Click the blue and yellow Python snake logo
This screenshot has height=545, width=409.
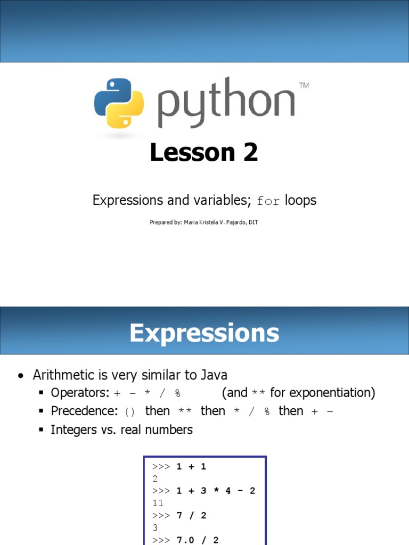click(119, 103)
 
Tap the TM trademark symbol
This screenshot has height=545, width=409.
click(304, 85)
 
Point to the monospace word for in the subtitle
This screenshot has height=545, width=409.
click(268, 201)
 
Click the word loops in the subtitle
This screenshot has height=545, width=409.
click(300, 200)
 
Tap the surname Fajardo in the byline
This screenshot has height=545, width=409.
click(233, 222)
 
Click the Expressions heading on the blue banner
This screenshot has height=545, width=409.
click(204, 333)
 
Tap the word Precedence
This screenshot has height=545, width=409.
click(84, 411)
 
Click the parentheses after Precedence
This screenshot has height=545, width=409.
click(130, 411)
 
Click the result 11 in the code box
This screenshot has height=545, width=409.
click(158, 503)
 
